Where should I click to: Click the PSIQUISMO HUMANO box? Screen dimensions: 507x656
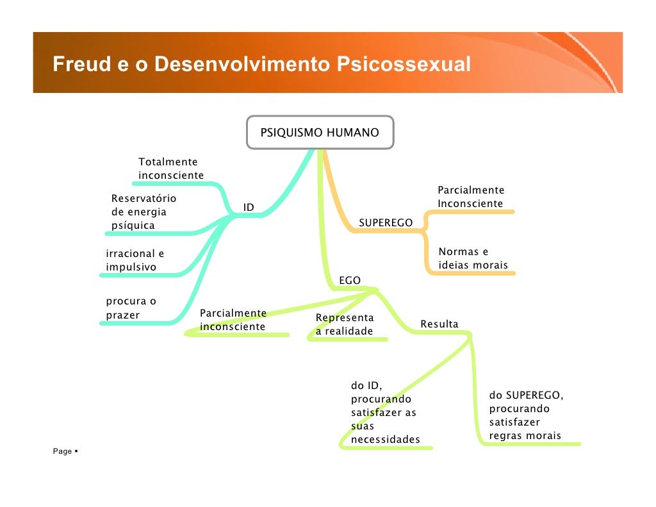(320, 133)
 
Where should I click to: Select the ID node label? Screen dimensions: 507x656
(249, 207)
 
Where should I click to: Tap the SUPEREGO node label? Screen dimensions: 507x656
(386, 222)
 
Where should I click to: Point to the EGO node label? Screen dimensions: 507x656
(349, 280)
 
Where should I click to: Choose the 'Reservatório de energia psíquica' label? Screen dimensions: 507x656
(143, 212)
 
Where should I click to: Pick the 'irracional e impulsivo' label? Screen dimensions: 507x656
(135, 260)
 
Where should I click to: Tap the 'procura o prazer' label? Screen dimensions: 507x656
(131, 308)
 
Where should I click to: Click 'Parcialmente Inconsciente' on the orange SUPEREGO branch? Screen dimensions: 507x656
(471, 197)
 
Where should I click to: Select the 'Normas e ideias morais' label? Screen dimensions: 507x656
(473, 258)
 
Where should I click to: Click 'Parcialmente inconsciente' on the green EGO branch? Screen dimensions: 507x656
(233, 320)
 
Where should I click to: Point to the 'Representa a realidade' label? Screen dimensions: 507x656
(345, 324)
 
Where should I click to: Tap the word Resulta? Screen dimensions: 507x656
(439, 324)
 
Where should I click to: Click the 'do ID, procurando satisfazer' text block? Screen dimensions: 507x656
(385, 412)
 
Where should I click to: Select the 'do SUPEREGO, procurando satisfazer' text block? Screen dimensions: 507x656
(526, 415)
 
